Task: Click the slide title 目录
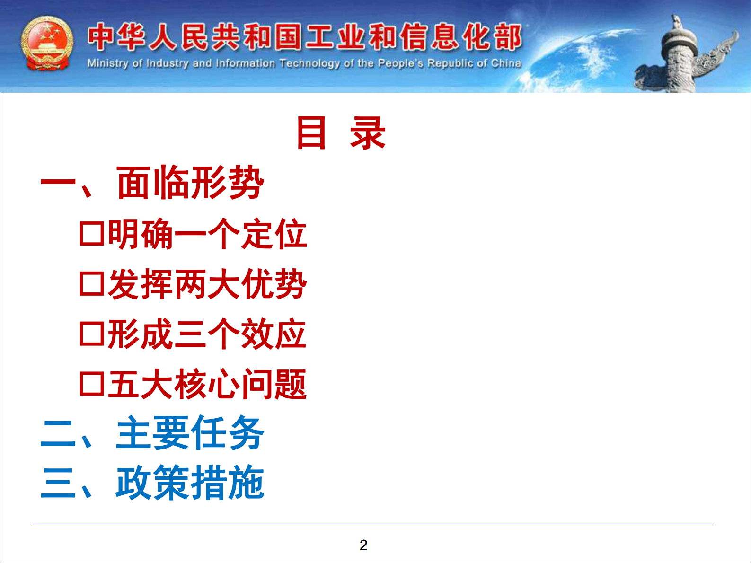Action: (x=341, y=133)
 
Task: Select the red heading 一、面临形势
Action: (x=152, y=183)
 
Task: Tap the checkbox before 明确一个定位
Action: (x=91, y=234)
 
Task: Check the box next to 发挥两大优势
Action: (x=91, y=284)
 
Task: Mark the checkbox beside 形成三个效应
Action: (x=91, y=334)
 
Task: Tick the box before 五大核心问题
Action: (x=91, y=384)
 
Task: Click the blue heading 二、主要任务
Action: (x=152, y=433)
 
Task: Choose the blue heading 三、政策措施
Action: (x=152, y=483)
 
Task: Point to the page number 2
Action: (x=363, y=545)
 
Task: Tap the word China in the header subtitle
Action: (x=506, y=63)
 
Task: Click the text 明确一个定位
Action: (x=207, y=234)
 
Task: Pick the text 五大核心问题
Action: (x=207, y=384)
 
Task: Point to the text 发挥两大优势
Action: (x=207, y=284)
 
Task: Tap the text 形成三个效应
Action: (x=207, y=334)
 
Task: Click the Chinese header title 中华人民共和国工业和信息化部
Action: (x=305, y=37)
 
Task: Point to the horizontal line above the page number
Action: (x=372, y=524)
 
